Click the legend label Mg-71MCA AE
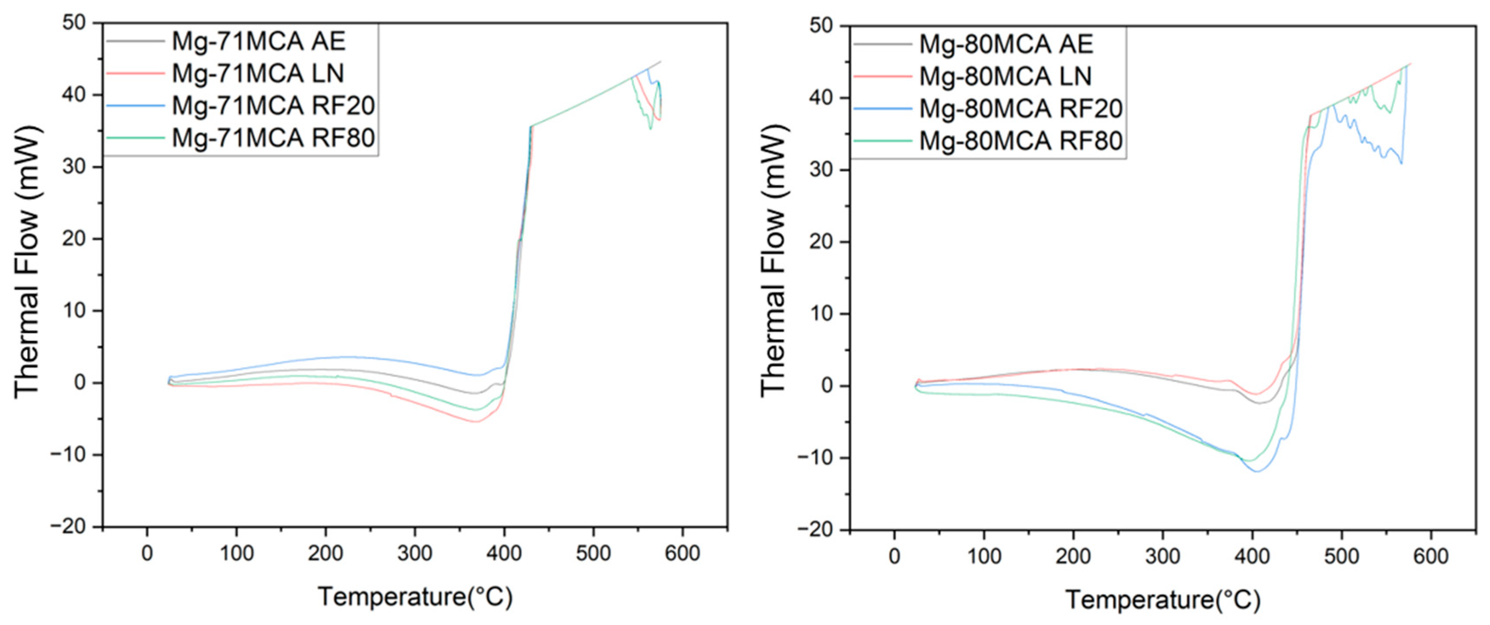point(259,41)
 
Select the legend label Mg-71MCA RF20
point(273,105)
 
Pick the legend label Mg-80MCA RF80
point(1021,141)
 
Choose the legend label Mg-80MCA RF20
point(1021,108)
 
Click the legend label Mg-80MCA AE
point(1006,44)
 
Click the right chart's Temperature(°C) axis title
point(1163,600)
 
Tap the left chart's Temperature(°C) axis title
point(415,597)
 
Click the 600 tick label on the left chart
point(682,553)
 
